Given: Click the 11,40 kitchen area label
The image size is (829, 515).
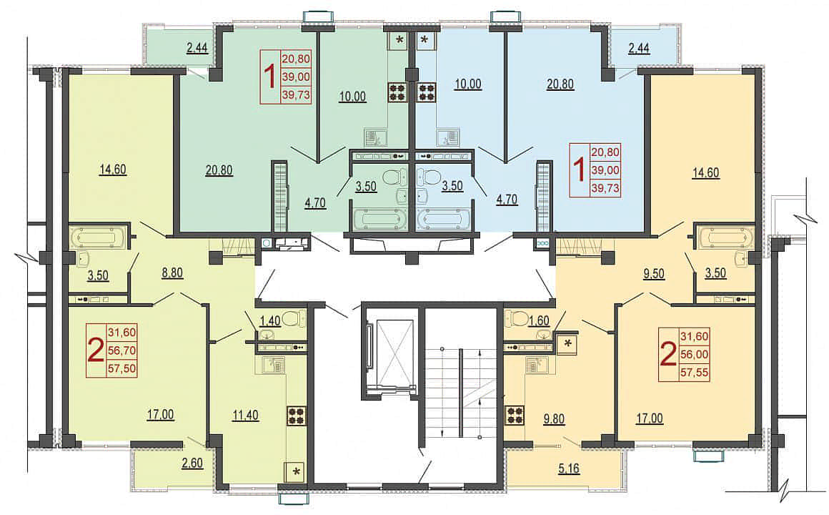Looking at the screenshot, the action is click(245, 415).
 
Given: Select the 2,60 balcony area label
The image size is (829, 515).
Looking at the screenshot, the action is click(192, 463).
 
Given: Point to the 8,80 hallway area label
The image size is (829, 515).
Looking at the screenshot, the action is click(172, 273).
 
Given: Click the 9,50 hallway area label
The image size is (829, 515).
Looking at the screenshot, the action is click(655, 274).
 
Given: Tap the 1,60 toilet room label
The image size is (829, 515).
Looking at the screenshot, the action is click(538, 320).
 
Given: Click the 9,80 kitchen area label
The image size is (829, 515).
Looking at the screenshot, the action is click(554, 419).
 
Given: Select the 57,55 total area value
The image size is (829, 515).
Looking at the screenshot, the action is click(695, 373).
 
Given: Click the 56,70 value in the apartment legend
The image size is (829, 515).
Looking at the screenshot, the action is click(122, 350).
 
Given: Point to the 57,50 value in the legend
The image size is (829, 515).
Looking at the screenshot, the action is click(122, 368).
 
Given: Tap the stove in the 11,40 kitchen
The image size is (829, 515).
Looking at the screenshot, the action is click(296, 416).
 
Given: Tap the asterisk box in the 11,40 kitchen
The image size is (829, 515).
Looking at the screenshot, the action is click(296, 471).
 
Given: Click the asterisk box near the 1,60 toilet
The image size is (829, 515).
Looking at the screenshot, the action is click(568, 343).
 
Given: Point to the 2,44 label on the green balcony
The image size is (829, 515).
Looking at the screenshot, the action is click(197, 48).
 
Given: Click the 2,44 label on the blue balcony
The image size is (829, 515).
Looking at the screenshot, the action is click(639, 48).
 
